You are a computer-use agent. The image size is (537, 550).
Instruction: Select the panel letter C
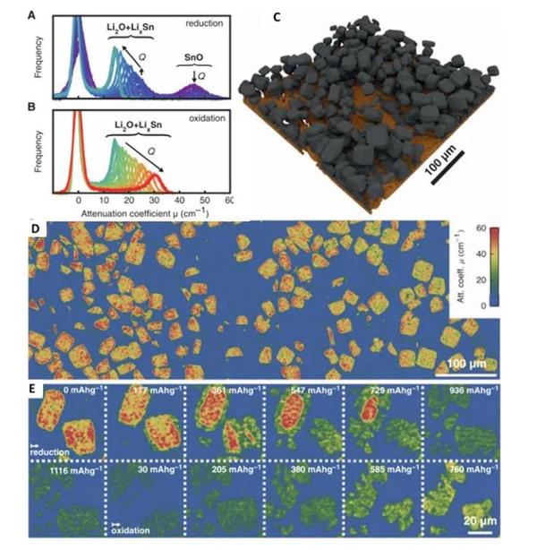[277, 15]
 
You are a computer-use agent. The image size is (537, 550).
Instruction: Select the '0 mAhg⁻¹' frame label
[72, 391]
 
